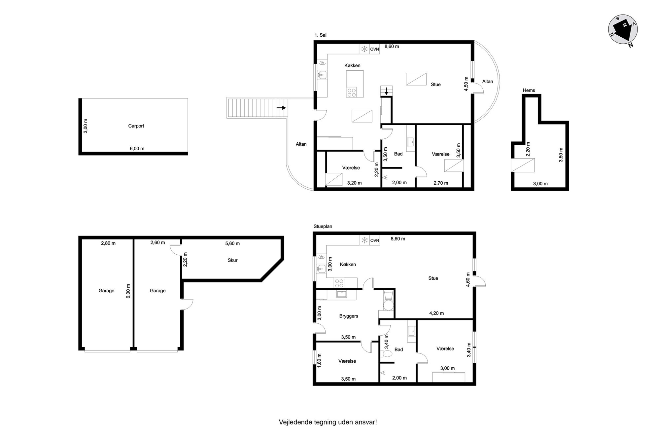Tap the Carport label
pos(136,126)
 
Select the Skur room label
pos(232,260)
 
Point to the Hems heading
pos(529,90)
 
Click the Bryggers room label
pos(349,316)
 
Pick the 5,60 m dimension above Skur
pos(232,243)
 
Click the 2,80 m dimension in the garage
pos(108,243)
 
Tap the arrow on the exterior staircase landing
pos(281,108)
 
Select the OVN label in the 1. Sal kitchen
pos(374,49)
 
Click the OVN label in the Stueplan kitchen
pos(374,240)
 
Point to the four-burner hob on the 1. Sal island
pos(351,92)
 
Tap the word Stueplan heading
pos(323,226)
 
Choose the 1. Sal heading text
pos(320,35)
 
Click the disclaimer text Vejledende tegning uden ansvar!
pos(328,422)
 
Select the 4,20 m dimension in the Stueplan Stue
pos(436,313)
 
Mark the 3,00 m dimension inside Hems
pos(540,184)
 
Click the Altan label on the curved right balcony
pos(487,82)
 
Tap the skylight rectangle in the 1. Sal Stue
pos(416,79)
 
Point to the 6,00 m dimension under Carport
pos(137,149)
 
